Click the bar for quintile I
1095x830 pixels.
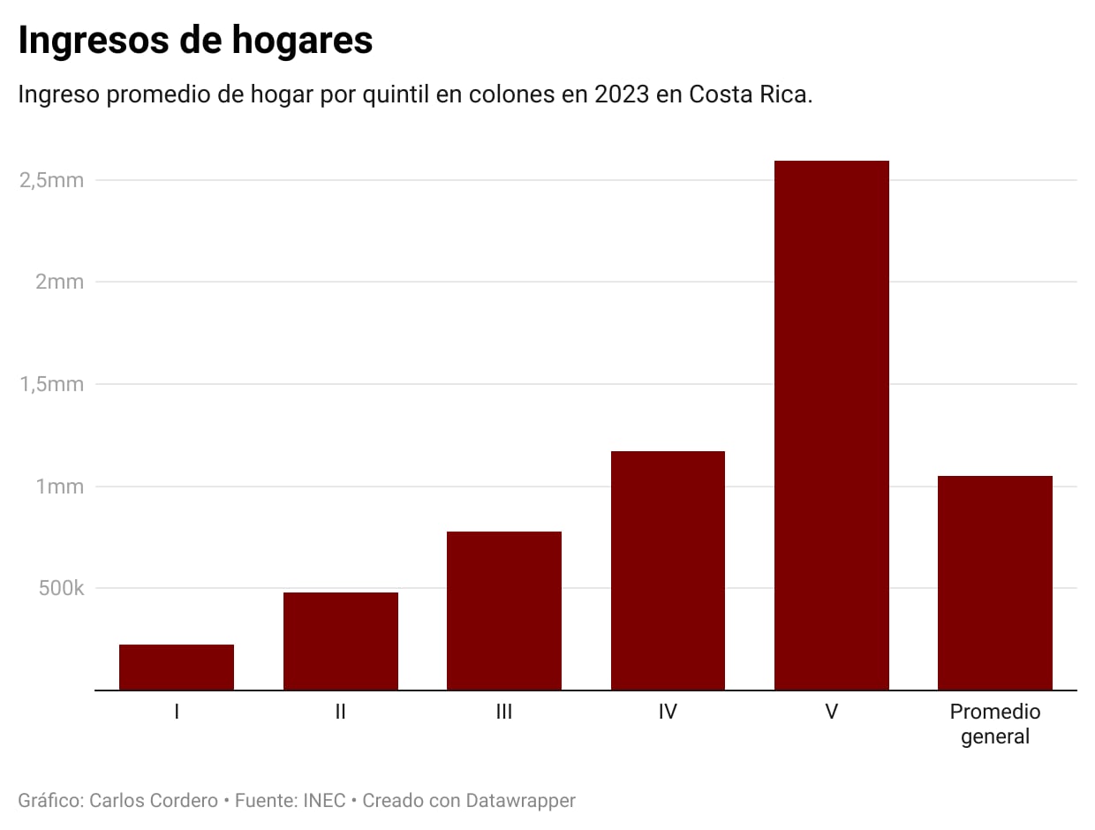(x=177, y=667)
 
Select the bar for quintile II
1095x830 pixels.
(x=340, y=640)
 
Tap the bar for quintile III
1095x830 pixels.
(x=504, y=610)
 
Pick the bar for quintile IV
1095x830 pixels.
(x=668, y=570)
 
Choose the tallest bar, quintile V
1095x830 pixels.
(x=831, y=425)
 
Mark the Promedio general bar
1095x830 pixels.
(x=994, y=583)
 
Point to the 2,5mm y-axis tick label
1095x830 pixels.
(x=51, y=180)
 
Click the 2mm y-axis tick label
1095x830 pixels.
(x=59, y=282)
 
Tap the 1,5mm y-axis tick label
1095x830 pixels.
(x=51, y=384)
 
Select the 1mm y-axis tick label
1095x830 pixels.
(x=59, y=487)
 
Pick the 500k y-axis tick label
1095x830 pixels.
(x=61, y=588)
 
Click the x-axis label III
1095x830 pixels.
(x=504, y=712)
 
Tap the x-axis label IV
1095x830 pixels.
(x=668, y=712)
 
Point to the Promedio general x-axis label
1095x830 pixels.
(x=994, y=724)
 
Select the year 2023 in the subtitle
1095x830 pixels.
(x=622, y=94)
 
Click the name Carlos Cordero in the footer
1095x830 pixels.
(x=153, y=801)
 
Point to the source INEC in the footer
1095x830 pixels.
(x=324, y=801)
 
